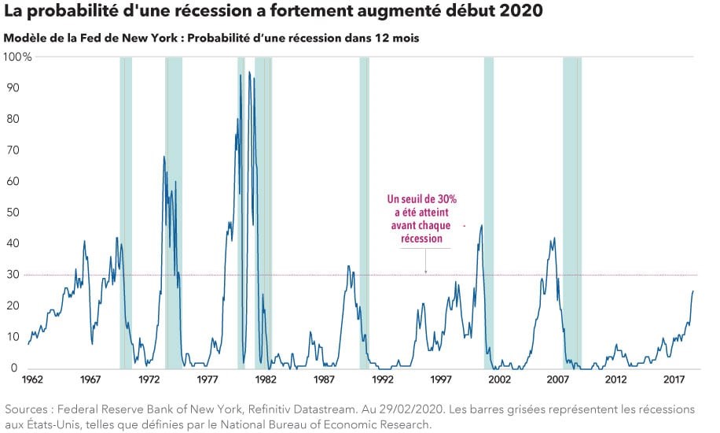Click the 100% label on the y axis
pyautogui.click(x=17, y=57)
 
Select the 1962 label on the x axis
pyautogui.click(x=32, y=379)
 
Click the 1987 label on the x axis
pyautogui.click(x=324, y=379)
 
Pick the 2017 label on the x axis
pyautogui.click(x=674, y=379)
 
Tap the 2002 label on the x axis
pyautogui.click(x=499, y=379)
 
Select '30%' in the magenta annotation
pyautogui.click(x=443, y=200)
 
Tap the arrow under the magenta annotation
pyautogui.click(x=425, y=268)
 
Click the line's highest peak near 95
pyautogui.click(x=249, y=72)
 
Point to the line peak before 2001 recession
pyautogui.click(x=481, y=226)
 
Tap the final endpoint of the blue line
pyautogui.click(x=693, y=291)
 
